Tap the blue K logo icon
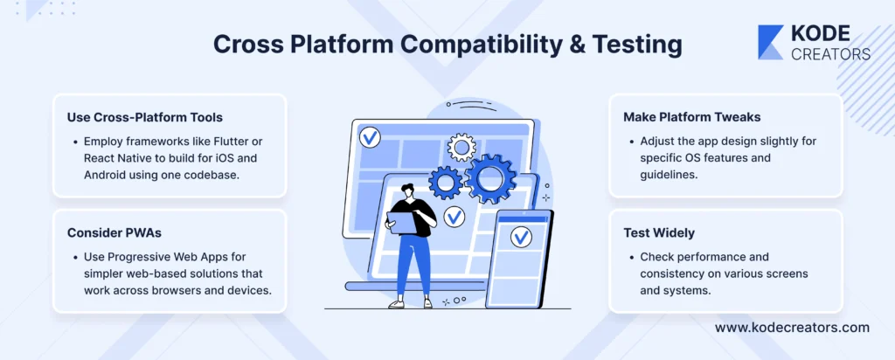click(771, 42)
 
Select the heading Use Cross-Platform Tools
click(145, 118)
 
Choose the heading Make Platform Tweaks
click(692, 118)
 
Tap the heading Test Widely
click(659, 232)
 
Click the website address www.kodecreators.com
click(792, 328)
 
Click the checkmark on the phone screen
click(521, 236)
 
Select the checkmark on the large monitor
click(370, 137)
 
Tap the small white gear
click(461, 147)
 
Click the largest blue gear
click(490, 179)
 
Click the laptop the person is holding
click(403, 223)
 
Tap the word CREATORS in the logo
click(830, 54)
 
